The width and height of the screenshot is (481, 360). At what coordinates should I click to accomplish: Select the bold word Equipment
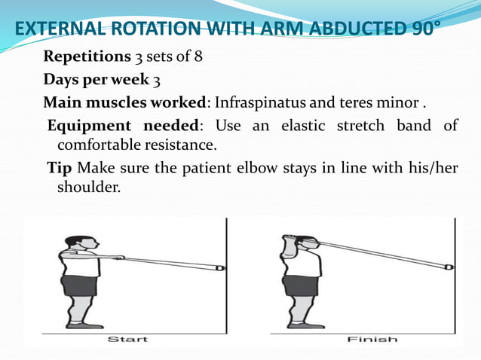(82, 125)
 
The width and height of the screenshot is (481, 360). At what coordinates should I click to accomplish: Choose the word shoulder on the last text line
(88, 185)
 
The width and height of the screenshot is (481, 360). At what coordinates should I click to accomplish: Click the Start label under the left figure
(127, 340)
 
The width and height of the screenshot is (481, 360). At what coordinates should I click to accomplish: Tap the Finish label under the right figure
(372, 340)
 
